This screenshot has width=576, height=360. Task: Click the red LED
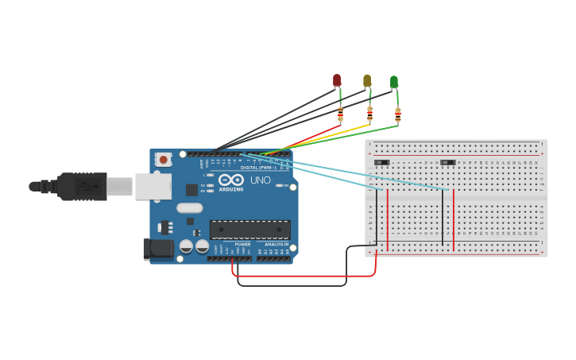coord(337,80)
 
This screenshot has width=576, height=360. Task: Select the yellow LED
coord(367,80)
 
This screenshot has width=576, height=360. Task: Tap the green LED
coord(394,81)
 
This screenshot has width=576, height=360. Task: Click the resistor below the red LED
coord(341,115)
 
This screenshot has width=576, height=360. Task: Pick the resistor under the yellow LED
coord(369,114)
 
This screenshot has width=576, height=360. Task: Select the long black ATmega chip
coord(249,229)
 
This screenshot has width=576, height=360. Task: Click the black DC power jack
coord(158,249)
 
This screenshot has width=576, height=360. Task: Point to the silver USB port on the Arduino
coord(153,187)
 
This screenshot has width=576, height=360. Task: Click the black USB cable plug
coord(79,187)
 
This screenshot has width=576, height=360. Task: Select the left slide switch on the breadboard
coord(382,162)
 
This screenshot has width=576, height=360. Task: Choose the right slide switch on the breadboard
coord(448,162)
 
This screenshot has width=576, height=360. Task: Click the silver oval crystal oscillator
coord(189,208)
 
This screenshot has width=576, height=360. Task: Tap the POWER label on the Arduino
coord(242,245)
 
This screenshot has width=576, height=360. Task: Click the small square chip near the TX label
coord(191,189)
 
